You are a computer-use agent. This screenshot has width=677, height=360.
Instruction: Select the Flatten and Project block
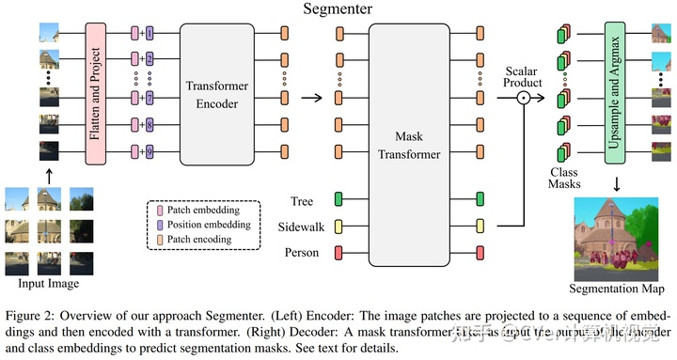click(94, 94)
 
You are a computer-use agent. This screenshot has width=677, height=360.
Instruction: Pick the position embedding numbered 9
click(149, 151)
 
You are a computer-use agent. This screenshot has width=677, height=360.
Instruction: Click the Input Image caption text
click(48, 282)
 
